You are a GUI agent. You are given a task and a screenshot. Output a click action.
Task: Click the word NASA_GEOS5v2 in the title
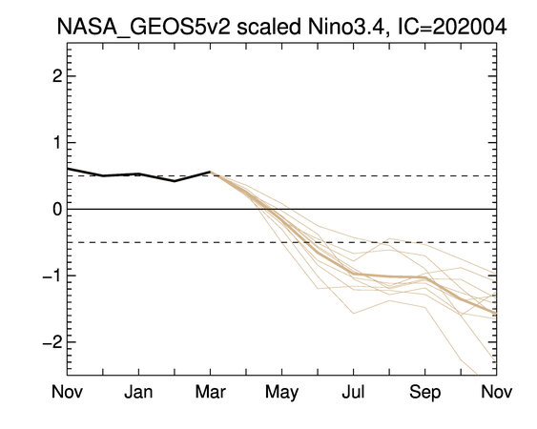tap(143, 27)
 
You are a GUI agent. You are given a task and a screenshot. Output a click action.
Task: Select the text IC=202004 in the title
tap(452, 27)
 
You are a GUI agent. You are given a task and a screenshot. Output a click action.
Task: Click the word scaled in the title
tap(269, 27)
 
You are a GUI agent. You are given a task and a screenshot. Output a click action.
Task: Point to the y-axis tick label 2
tap(57, 76)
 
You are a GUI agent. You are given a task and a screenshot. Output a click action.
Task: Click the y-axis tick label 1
tap(57, 143)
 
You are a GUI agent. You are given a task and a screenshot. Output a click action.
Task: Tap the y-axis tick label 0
tap(57, 209)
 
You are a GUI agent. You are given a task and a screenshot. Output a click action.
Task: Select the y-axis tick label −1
tap(52, 276)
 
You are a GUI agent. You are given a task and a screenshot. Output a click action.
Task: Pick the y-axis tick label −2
tap(52, 342)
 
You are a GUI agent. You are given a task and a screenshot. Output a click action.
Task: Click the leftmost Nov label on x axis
tap(67, 392)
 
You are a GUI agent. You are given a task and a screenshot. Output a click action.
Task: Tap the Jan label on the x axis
tap(138, 392)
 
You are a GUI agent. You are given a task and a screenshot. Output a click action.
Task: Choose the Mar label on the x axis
tap(210, 392)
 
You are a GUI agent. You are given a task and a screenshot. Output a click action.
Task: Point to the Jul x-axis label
tap(354, 392)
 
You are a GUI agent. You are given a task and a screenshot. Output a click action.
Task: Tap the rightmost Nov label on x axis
tap(497, 392)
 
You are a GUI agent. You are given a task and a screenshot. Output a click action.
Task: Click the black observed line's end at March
tap(210, 172)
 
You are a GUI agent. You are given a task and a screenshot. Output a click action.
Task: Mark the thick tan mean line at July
tap(354, 274)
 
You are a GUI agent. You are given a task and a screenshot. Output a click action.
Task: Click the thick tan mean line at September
tap(425, 277)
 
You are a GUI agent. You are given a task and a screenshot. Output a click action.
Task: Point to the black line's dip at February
tap(175, 181)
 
